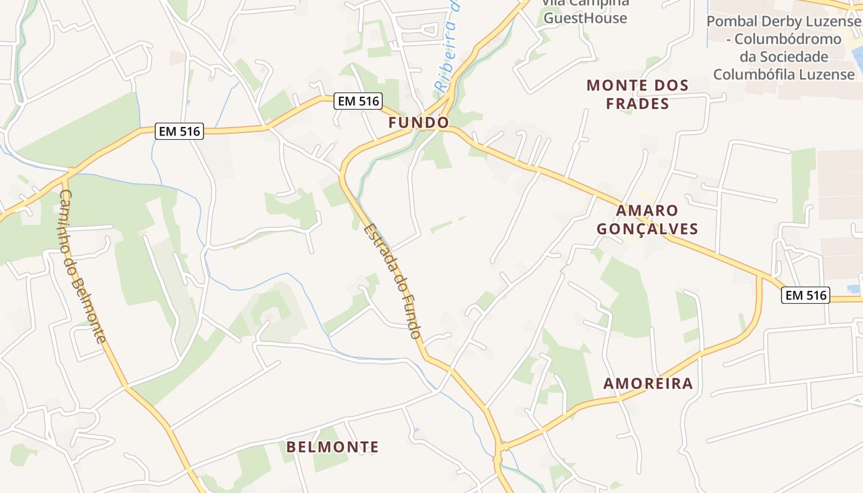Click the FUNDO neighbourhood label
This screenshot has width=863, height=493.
419,123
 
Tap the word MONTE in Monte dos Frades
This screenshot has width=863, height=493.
617,85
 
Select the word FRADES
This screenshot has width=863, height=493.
637,104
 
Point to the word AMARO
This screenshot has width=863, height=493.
647,211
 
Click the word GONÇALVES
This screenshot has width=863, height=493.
647,229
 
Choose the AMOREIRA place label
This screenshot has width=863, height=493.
648,383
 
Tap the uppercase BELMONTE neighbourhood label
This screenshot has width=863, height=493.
333,447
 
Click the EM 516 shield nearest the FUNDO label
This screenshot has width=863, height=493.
359,101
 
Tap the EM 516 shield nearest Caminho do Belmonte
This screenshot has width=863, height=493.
179,131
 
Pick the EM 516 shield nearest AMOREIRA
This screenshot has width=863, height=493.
805,295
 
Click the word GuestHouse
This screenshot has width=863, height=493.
585,18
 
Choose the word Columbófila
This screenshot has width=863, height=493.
750,74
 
